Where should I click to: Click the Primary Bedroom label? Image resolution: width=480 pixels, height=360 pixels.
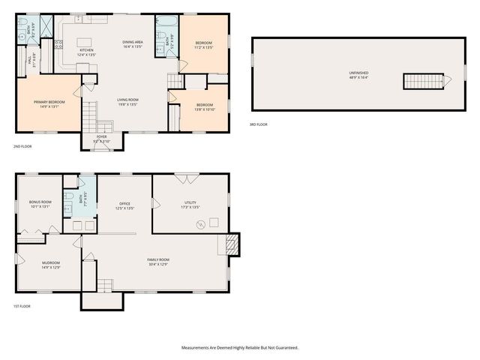click(49, 104)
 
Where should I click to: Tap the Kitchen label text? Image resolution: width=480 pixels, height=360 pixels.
click(87, 52)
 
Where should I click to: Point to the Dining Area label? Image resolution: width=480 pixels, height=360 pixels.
click(133, 45)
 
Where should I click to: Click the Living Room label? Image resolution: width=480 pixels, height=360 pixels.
click(127, 102)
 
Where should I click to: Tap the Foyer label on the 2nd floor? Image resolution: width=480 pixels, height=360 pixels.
click(101, 139)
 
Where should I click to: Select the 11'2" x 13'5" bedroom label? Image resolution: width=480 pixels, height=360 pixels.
click(204, 44)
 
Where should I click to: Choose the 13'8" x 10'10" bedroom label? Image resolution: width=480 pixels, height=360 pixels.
click(205, 106)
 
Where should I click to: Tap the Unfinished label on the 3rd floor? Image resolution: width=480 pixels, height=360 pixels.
click(358, 74)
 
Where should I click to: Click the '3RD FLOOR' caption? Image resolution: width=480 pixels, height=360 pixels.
click(258, 124)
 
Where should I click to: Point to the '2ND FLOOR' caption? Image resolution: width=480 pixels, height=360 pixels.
click(22, 145)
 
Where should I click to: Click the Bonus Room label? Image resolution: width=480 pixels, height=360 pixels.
click(40, 204)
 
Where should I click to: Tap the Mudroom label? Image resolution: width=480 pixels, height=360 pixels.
click(50, 265)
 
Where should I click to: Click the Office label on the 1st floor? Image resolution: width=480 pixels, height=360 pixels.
click(125, 205)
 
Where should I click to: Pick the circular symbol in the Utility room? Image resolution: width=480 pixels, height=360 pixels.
click(200, 224)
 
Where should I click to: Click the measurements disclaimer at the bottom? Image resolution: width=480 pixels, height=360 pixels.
click(239, 348)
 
